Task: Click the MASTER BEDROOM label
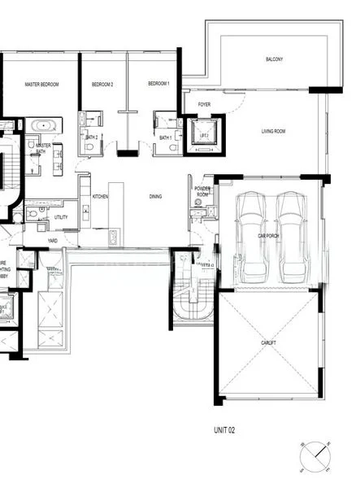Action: coord(41,85)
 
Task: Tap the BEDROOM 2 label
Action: coord(102,85)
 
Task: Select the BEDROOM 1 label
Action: coord(158,85)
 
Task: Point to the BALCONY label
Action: coord(275,60)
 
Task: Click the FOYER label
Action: coord(204,105)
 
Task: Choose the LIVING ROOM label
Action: coord(273,132)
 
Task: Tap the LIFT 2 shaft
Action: coord(204,135)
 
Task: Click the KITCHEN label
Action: coord(100,197)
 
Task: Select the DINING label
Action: coord(155,197)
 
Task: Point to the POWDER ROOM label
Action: coord(202,191)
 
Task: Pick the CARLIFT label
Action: coord(269,345)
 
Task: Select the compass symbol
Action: coord(315,456)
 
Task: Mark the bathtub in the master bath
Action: coord(41,126)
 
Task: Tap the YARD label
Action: coord(52,241)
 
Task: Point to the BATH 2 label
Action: coord(91,138)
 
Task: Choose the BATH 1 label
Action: coord(165,138)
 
